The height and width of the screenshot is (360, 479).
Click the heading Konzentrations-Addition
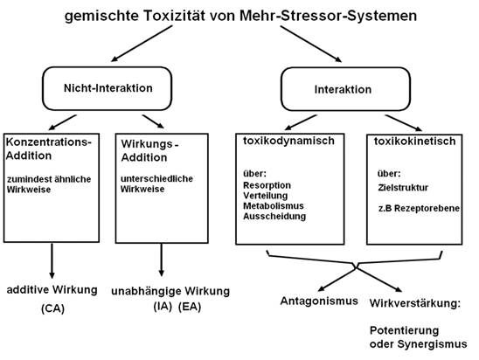(49, 149)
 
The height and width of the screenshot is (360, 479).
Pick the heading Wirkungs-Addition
(149, 150)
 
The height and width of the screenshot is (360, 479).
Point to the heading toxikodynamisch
(288, 141)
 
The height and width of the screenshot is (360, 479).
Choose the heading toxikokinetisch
(414, 141)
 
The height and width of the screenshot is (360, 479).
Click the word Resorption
(267, 185)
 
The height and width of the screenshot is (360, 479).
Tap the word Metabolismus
(274, 206)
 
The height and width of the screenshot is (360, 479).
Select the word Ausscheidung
(274, 216)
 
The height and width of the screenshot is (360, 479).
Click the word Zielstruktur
(403, 188)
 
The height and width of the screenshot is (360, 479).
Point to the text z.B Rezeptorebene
(419, 208)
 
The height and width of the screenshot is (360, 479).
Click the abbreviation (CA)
(52, 308)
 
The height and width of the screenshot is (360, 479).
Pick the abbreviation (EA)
(190, 307)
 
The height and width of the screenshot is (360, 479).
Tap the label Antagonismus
(319, 301)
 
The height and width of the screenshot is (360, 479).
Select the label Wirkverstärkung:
(415, 303)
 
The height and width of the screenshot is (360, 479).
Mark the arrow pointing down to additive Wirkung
(52, 260)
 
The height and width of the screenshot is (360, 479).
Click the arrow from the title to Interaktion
(311, 44)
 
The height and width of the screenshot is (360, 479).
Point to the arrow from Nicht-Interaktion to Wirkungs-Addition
(153, 121)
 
